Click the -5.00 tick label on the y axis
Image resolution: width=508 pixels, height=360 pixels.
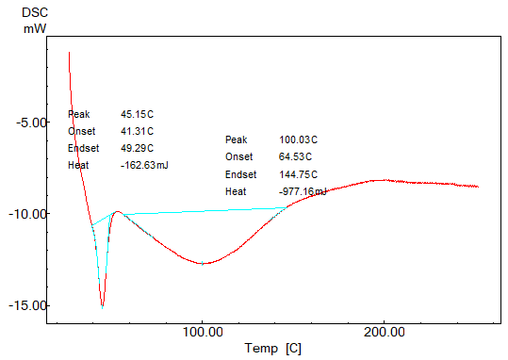(31, 123)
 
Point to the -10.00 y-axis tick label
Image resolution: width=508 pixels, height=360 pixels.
(28, 214)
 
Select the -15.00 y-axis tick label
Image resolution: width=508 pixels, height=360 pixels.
(28, 306)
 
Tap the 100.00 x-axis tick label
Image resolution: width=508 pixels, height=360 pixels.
(203, 332)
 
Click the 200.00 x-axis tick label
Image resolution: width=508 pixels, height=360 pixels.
(385, 332)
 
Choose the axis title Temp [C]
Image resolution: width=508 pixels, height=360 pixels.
(272, 349)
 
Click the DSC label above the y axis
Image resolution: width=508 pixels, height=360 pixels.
(35, 12)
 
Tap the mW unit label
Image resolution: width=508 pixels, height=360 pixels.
(35, 28)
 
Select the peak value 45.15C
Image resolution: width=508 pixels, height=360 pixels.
(137, 114)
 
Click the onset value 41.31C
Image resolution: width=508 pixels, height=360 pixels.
(137, 131)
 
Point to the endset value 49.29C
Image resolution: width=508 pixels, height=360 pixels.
(137, 148)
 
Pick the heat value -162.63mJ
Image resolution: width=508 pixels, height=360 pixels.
(144, 165)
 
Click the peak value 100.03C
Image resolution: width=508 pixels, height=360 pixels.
(299, 139)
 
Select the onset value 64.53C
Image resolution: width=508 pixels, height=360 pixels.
(295, 156)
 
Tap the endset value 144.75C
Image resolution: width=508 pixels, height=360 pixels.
(299, 174)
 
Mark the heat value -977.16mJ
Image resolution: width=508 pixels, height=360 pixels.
(303, 191)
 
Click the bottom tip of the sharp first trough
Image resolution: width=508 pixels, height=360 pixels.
(103, 306)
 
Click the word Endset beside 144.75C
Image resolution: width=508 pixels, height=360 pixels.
(240, 174)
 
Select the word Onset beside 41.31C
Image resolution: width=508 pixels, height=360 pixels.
(82, 131)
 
